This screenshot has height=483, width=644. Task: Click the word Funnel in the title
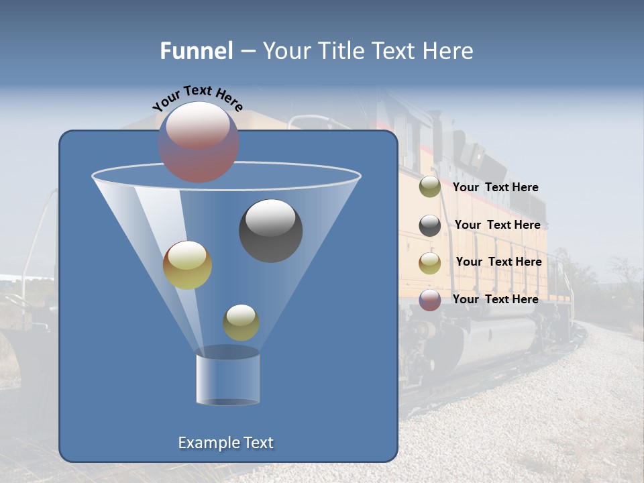196,51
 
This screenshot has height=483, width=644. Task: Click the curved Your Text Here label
197,98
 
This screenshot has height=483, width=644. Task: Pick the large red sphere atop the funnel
199,142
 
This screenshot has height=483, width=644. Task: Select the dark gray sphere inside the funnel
271,231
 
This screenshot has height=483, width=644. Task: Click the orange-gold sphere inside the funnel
187,265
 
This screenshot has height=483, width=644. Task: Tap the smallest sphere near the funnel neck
241,322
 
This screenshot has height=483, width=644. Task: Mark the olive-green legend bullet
430,187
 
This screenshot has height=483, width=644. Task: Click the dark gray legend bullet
430,225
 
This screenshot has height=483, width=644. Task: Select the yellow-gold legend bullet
430,262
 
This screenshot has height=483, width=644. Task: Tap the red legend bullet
430,300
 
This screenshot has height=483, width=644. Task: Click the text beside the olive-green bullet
495,188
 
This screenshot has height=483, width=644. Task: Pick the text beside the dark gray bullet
497,225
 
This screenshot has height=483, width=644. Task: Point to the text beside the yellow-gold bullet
498,262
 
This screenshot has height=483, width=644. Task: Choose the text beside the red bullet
495,300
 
